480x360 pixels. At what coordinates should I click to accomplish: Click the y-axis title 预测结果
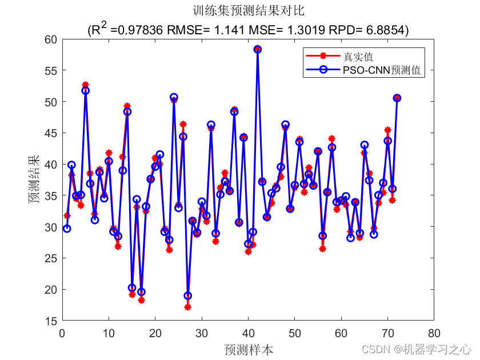35,180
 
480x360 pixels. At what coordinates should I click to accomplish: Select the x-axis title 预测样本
248,349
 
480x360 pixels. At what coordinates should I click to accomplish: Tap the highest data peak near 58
257,49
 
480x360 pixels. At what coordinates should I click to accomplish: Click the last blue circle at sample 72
397,98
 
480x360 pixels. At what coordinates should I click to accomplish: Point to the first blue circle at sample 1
67,229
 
